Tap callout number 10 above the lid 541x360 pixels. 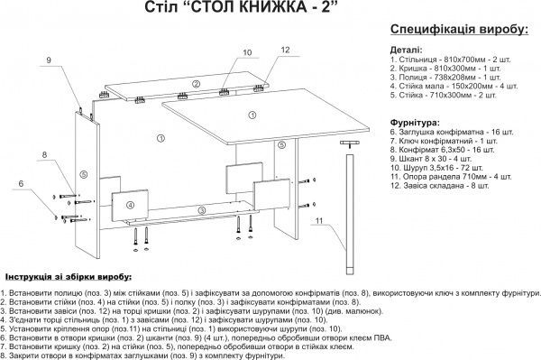pos(248,53)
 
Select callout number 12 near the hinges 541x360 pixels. pos(285,50)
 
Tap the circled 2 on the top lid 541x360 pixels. pos(196,83)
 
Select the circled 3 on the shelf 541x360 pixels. pos(200,209)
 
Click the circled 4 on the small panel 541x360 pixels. pos(131,205)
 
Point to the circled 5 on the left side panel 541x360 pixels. pos(82,174)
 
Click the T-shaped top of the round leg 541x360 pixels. pos(347,143)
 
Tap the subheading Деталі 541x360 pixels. pos(404,50)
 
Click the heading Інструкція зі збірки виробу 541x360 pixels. pos(69,275)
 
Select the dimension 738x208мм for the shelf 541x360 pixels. pos(444,77)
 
